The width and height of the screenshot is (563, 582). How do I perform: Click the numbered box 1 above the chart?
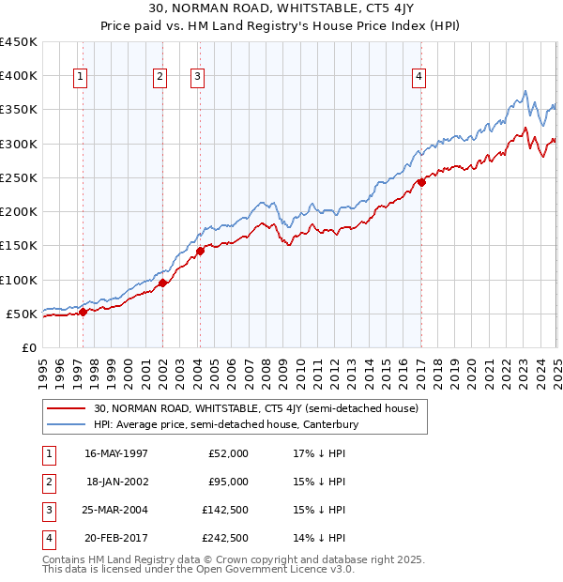80,78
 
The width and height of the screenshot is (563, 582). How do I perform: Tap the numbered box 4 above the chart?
418,78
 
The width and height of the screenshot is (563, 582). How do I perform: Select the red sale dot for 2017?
421,183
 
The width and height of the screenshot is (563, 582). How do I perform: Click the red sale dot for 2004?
200,251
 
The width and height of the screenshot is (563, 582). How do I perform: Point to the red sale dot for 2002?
162,283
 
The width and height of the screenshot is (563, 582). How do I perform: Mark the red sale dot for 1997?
83,312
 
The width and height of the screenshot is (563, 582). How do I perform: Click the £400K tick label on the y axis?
18,76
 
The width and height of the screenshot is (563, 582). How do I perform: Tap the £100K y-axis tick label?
18,280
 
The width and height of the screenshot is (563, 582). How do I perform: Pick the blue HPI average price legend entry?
225,425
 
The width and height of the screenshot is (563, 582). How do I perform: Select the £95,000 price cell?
227,482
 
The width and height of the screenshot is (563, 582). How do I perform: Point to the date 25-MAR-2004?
116,510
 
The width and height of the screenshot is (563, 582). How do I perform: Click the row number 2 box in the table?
48,482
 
